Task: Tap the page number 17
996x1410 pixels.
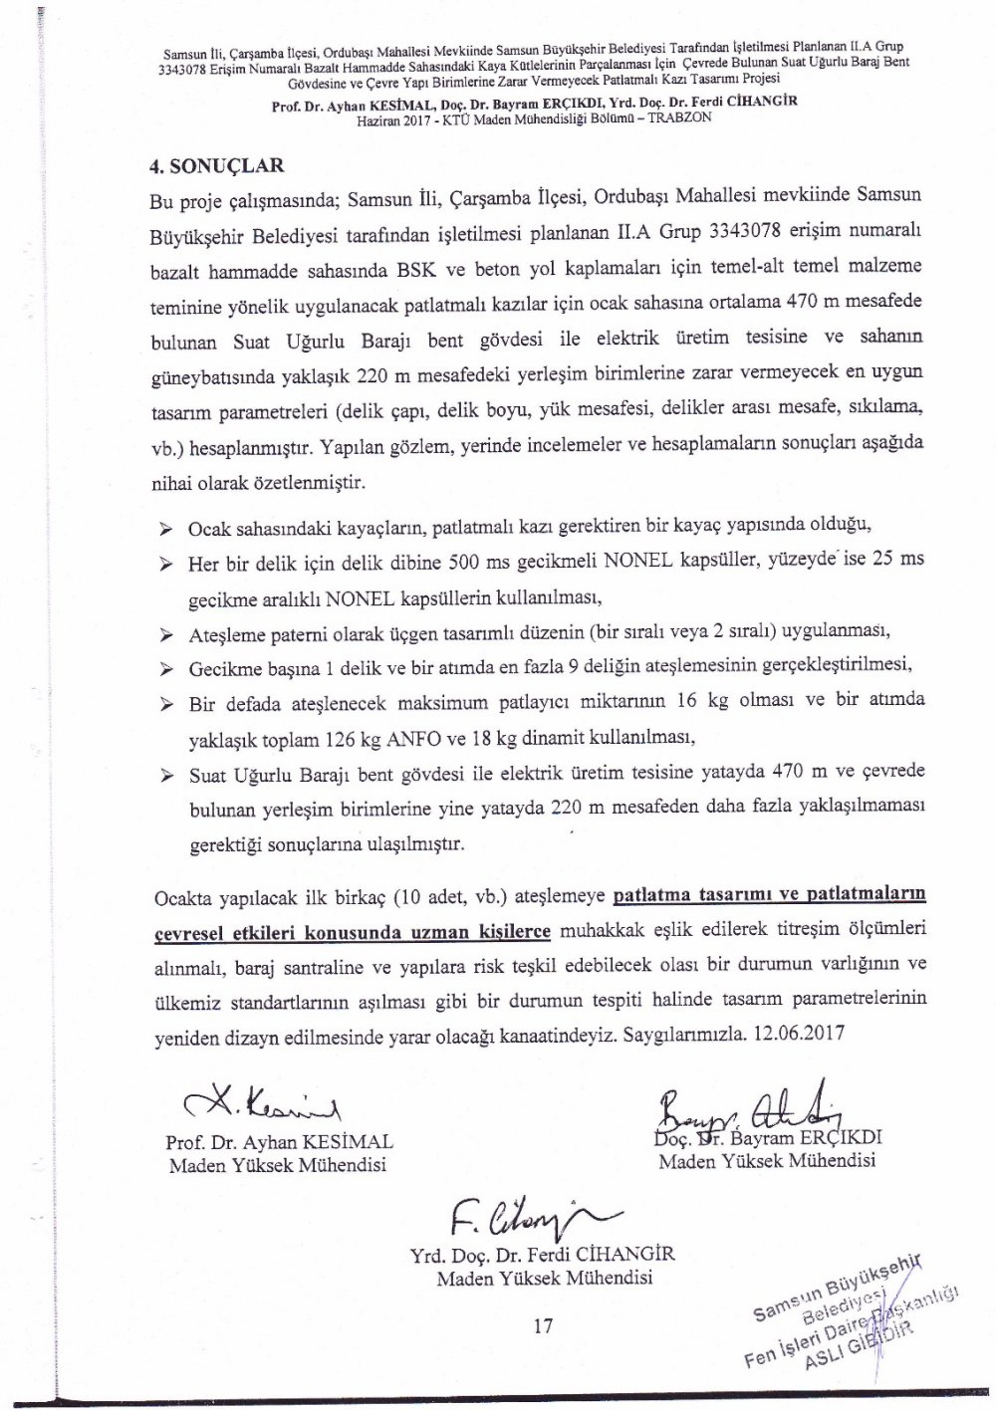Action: (544, 1325)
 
